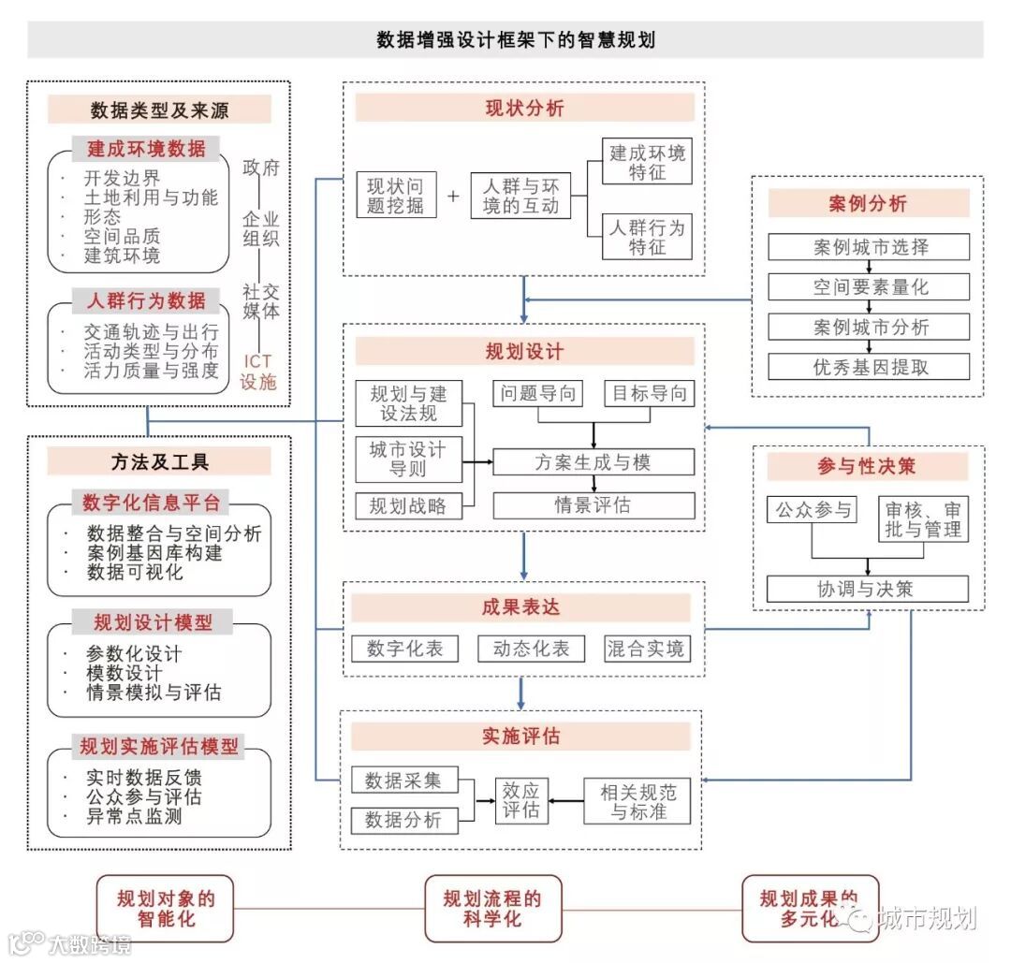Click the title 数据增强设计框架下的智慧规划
505,40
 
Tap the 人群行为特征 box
647,237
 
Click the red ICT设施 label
259,371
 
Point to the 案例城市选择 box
869,247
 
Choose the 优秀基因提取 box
869,366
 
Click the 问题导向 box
537,393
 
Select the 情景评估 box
593,505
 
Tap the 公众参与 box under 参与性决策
812,510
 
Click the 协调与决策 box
867,589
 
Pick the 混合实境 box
646,649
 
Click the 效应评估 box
520,800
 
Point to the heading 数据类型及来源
158,109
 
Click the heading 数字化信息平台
151,503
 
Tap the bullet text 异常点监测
134,816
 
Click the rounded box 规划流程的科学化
493,908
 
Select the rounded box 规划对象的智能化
166,908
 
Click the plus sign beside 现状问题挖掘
453,197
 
